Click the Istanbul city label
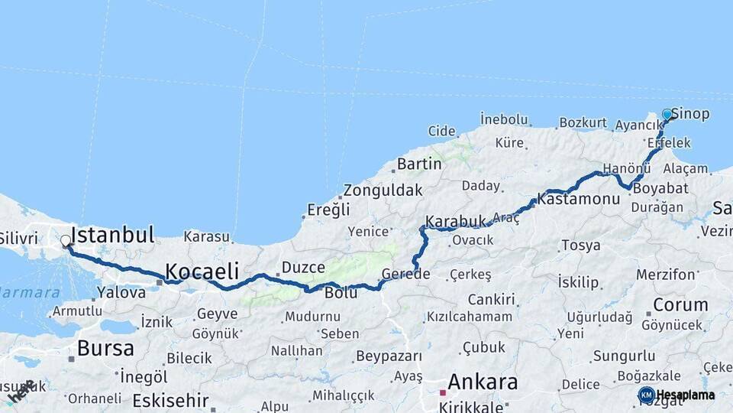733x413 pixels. click(x=112, y=234)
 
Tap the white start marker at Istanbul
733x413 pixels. click(x=66, y=242)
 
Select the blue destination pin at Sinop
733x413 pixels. click(x=667, y=115)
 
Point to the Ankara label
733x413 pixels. click(x=483, y=382)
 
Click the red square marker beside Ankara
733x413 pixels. click(x=442, y=392)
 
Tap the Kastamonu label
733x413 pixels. click(x=578, y=199)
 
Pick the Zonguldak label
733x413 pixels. click(x=383, y=190)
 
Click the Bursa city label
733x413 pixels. click(x=105, y=349)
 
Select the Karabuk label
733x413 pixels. click(x=456, y=222)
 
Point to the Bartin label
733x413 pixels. click(x=419, y=164)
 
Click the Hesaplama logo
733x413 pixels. click(x=676, y=395)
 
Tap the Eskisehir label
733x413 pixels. click(x=170, y=400)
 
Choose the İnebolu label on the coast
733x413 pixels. click(x=504, y=119)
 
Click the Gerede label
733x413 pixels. click(x=406, y=274)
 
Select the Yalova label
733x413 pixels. click(x=121, y=292)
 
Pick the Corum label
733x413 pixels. click(x=680, y=304)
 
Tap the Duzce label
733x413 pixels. click(x=303, y=268)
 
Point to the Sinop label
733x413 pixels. click(x=691, y=114)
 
